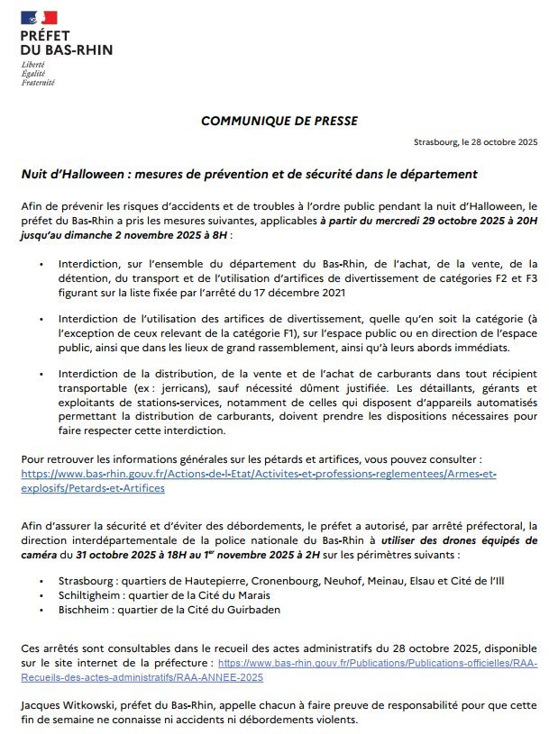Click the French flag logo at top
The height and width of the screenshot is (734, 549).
38,16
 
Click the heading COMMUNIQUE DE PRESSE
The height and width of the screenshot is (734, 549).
279,120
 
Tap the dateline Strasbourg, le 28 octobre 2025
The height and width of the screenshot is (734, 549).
475,142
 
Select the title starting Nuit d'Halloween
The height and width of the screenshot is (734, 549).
249,173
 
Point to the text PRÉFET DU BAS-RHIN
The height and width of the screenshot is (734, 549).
66,42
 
